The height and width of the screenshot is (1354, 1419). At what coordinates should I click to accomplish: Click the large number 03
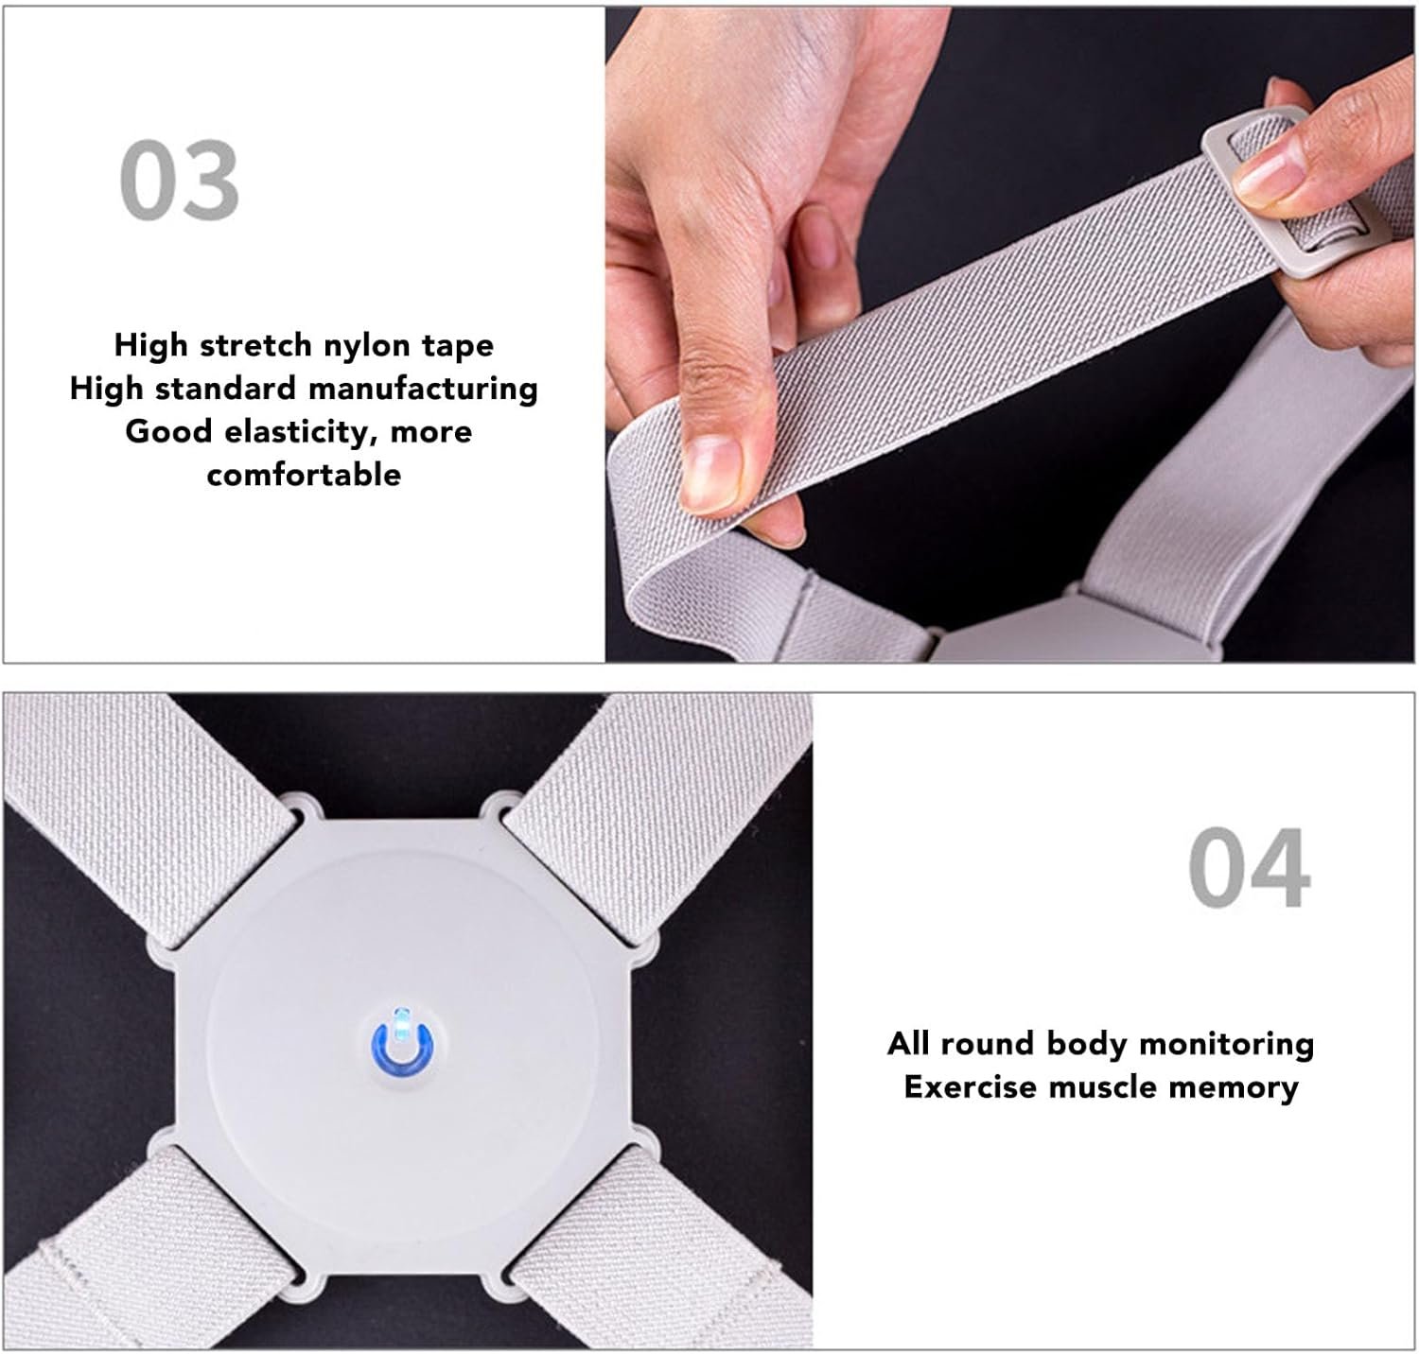[x=180, y=180]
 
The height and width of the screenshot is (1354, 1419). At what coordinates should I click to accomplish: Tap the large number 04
[x=1249, y=867]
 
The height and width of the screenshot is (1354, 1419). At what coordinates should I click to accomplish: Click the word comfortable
[x=304, y=474]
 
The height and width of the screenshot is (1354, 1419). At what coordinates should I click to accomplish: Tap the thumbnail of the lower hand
[x=710, y=469]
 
